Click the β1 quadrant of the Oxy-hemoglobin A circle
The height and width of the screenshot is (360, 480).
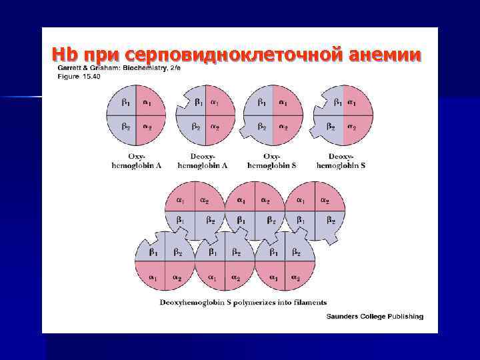tap(125, 103)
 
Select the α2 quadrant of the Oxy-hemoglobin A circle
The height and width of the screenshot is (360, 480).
tap(148, 127)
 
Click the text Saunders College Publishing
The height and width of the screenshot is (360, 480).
tap(375, 316)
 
